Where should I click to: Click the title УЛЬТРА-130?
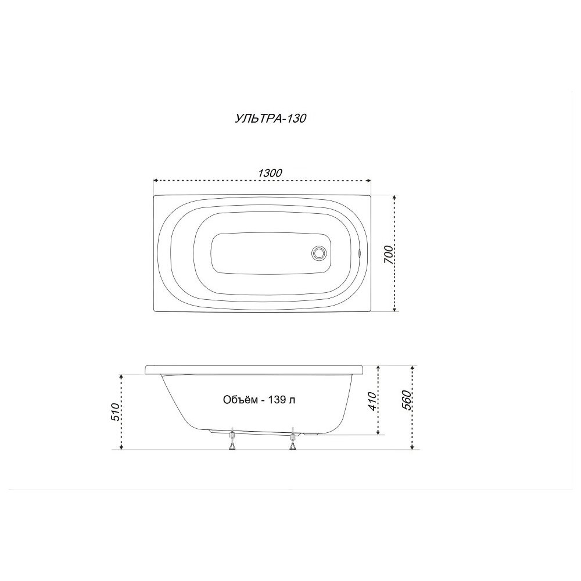[271, 118]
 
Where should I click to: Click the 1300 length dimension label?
[270, 173]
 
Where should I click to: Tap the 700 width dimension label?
[388, 254]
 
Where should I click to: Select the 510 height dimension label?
[116, 412]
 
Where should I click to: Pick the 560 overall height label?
[407, 400]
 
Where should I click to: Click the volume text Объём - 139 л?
[259, 400]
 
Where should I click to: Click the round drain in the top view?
[319, 254]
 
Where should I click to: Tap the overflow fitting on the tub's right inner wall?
[359, 253]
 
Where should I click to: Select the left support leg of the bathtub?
[232, 439]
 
